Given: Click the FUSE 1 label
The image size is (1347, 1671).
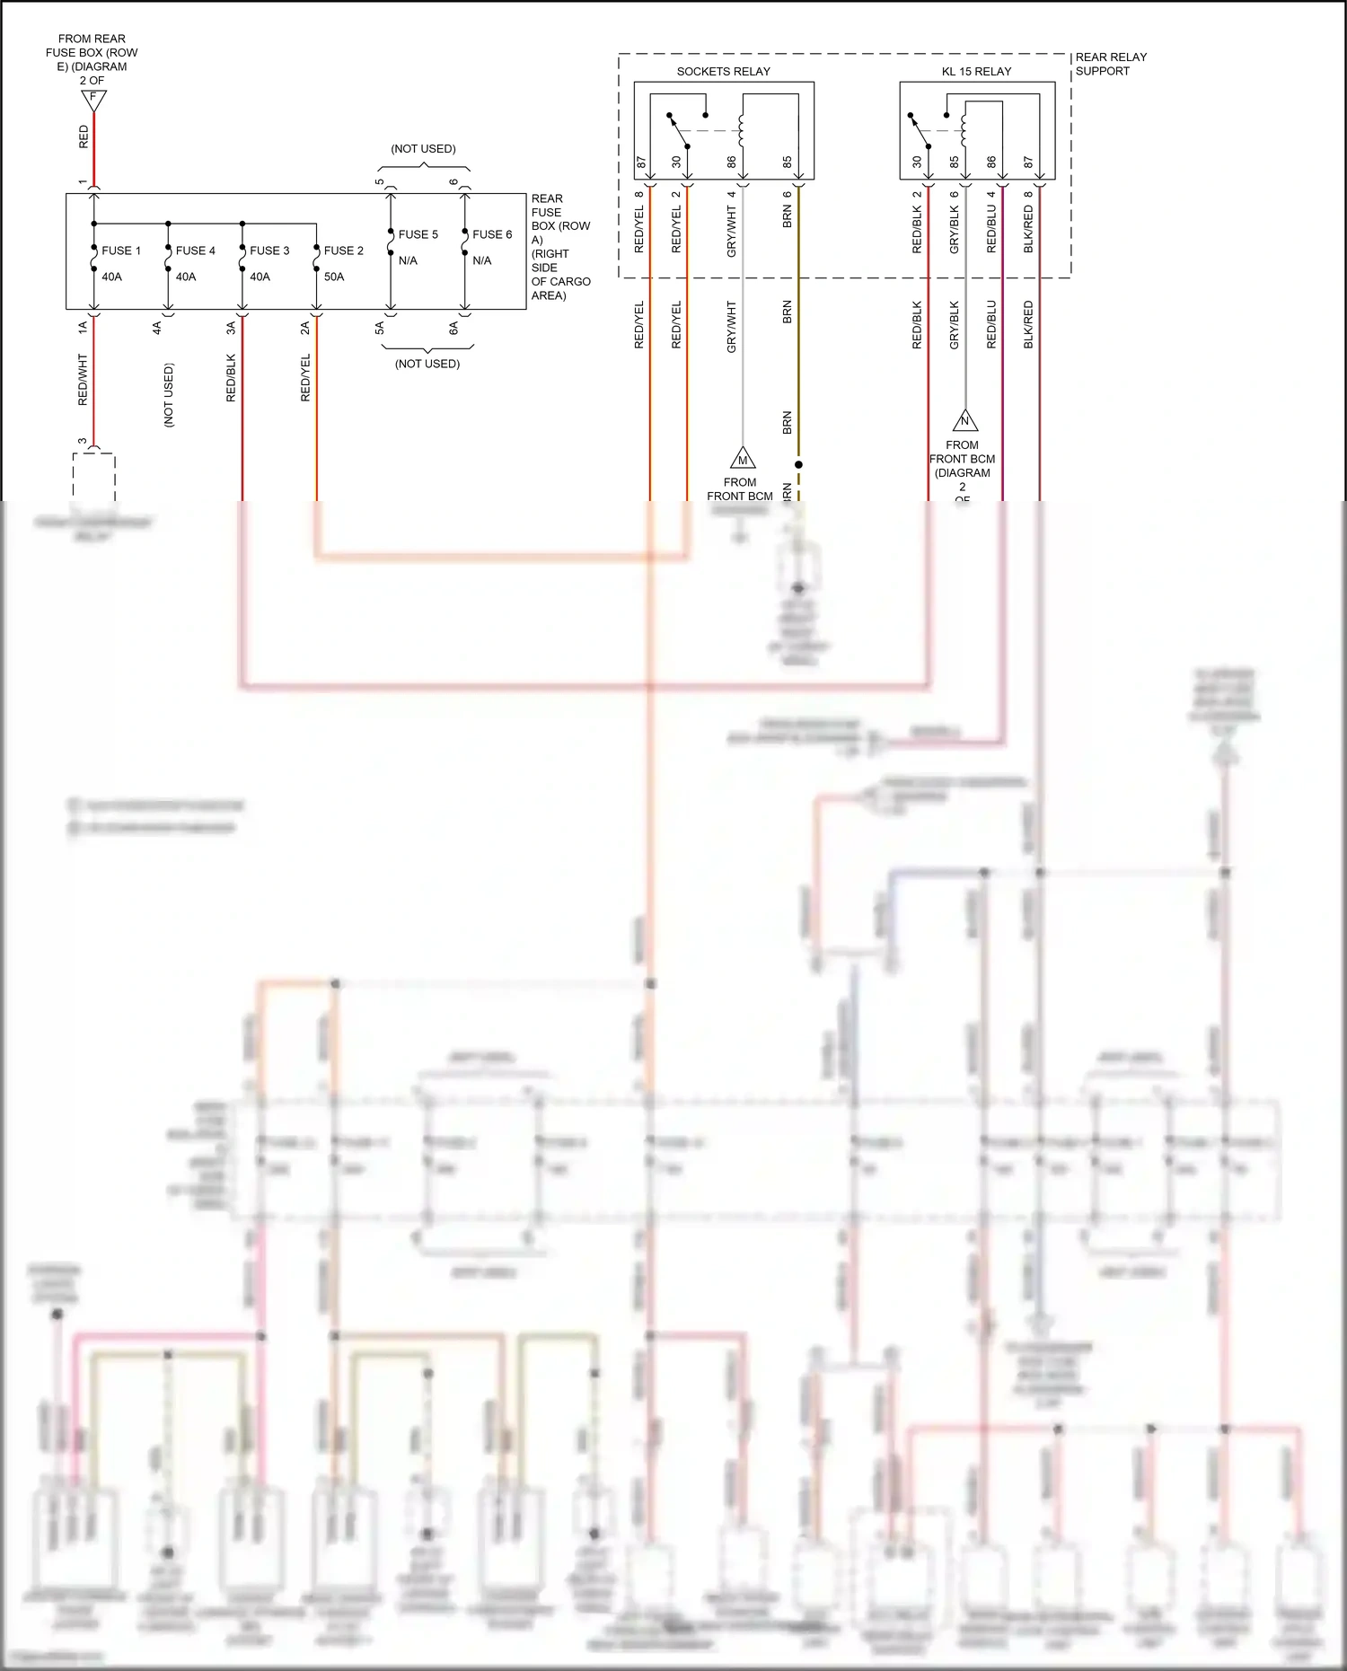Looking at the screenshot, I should coord(121,251).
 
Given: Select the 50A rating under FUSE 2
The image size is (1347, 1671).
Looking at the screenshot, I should coord(334,277).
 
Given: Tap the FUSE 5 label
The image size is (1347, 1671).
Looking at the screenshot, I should coord(418,234).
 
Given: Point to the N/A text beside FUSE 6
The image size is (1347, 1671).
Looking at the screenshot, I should coord(482,260).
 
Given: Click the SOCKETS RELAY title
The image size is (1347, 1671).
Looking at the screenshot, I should coord(723,71).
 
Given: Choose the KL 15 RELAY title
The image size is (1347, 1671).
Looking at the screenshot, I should coord(976,71).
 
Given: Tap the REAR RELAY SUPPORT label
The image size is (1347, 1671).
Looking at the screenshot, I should coord(1111,64).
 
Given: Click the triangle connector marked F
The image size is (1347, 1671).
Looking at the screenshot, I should coord(93,100).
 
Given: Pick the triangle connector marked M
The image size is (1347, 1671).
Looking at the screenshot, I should coord(743,459).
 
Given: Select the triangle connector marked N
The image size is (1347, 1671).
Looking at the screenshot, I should coord(965,420).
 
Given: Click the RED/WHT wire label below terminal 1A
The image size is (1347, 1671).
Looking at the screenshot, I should coord(83,379).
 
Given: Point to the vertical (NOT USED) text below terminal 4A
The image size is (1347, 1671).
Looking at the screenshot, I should coord(169,394).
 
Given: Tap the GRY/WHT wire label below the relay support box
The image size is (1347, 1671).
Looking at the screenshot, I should coord(731,326).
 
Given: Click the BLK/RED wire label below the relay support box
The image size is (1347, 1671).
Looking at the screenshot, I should coord(1028,324).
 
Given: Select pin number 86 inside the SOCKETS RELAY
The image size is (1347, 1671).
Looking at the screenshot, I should coord(731,162).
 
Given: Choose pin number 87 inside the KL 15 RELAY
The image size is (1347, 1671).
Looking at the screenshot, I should coord(1028,162).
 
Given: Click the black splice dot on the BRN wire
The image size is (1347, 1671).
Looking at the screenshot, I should coord(798,464).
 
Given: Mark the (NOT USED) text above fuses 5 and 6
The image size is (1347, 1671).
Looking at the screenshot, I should coord(423,148).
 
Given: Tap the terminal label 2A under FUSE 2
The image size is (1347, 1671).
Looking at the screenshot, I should coord(304,328).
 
